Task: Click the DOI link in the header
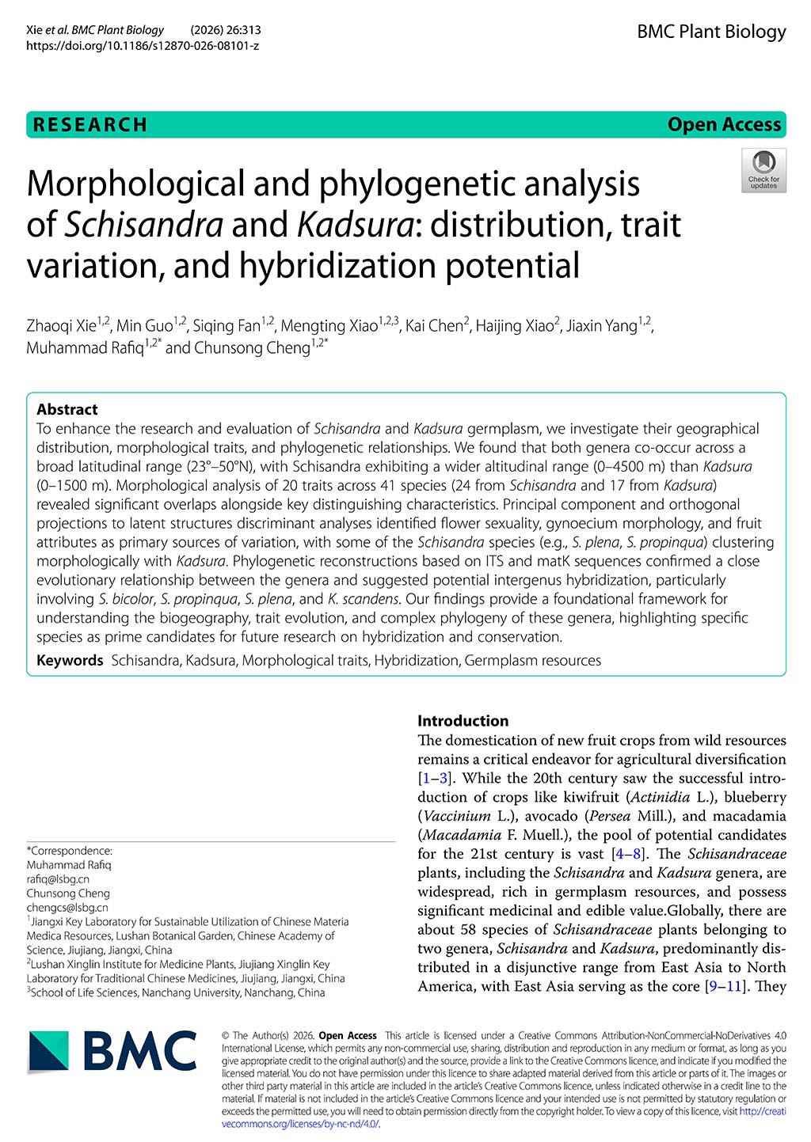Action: click(143, 46)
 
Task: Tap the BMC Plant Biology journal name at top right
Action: click(711, 32)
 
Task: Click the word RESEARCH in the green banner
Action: click(90, 125)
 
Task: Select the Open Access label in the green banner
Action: click(724, 125)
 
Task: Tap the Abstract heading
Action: click(67, 409)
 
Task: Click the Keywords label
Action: click(70, 660)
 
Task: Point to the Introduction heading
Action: click(463, 721)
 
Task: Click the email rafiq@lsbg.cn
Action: click(58, 878)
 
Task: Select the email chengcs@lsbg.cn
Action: click(67, 907)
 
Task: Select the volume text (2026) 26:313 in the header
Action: click(226, 30)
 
